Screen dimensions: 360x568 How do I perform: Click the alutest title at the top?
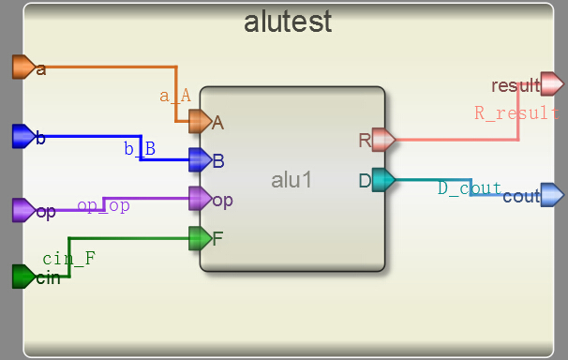288,22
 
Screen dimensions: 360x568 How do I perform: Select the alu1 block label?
291,179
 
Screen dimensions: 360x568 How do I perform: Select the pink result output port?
552,85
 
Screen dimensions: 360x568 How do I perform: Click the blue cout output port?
552,195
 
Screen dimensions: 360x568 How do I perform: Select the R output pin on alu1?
382,141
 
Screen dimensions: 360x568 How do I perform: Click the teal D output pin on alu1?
382,180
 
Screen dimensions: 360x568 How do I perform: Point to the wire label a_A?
175,95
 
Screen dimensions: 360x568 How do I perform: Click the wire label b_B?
140,148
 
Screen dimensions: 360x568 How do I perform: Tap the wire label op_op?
103,204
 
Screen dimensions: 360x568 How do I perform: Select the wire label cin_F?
68,256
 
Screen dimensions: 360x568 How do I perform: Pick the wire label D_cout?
470,188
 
